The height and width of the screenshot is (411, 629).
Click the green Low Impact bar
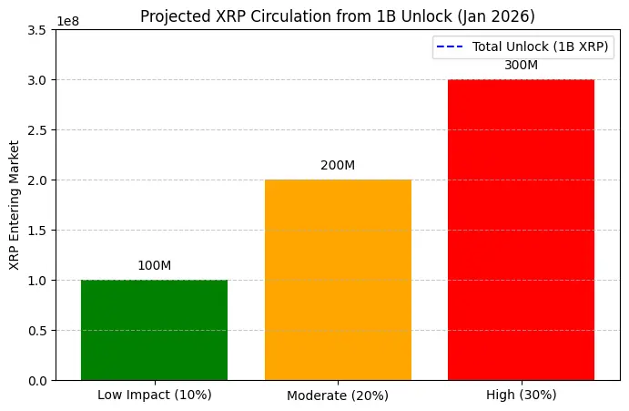154,330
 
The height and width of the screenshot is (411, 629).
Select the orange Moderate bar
338,280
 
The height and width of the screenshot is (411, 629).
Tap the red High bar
521,230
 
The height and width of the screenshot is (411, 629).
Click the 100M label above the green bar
154,265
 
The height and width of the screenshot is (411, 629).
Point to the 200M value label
338,166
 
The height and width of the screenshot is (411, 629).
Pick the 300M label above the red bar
521,66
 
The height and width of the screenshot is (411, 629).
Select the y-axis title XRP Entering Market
14,204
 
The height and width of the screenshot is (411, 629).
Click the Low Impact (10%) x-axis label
154,395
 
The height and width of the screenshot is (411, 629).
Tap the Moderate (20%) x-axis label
338,396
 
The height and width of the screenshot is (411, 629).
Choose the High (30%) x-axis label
521,395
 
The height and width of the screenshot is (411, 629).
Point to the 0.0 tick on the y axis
39,380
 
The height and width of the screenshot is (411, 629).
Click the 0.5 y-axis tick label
39,330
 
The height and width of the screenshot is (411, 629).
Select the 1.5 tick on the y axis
39,230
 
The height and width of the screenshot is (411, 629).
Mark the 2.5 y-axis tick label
39,129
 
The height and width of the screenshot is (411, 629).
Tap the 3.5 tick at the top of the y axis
39,30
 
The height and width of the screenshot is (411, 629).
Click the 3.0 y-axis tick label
39,79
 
